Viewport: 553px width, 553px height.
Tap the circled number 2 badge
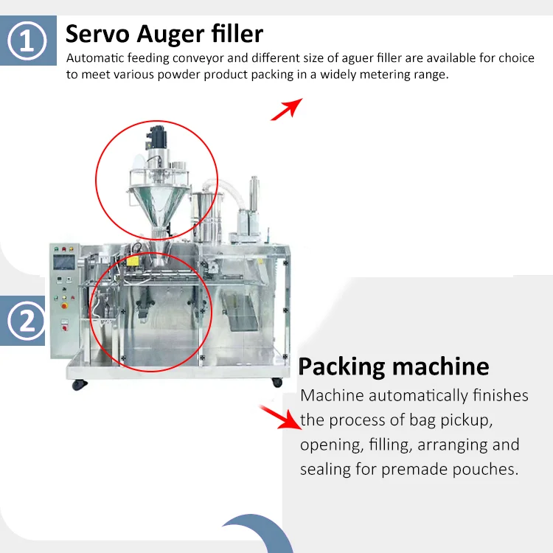point(27,321)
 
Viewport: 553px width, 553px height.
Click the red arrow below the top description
point(286,108)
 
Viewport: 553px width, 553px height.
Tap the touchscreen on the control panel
point(65,259)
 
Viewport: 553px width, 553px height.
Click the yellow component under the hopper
point(134,260)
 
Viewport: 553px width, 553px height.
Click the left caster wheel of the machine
point(77,384)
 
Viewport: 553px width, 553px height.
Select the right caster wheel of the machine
point(276,382)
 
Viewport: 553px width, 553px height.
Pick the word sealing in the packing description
point(327,470)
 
